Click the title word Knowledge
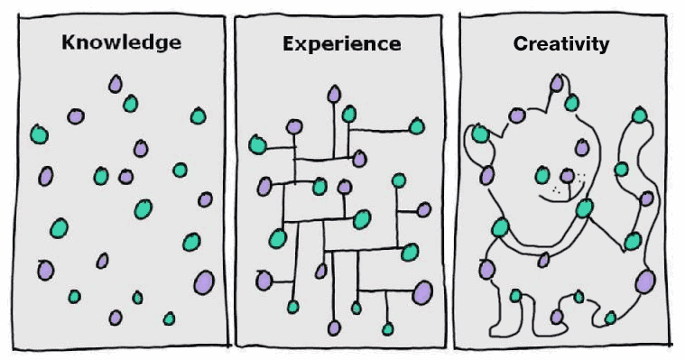point(121,42)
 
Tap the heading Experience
point(341,42)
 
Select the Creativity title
point(560,42)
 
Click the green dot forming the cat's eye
point(542,175)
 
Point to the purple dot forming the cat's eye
point(567,175)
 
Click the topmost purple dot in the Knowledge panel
point(116,84)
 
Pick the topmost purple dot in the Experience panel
point(335,92)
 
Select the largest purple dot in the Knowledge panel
point(204,282)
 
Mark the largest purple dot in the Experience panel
point(421,291)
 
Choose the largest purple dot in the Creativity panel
point(644,282)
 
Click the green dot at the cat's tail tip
point(640,115)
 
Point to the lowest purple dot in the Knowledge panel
point(116,317)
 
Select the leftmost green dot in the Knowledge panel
point(39,134)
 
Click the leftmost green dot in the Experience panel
point(257,144)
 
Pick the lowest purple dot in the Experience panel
point(334,327)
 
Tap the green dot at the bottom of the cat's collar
point(544,260)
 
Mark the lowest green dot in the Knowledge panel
point(169,318)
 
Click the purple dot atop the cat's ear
point(557,84)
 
